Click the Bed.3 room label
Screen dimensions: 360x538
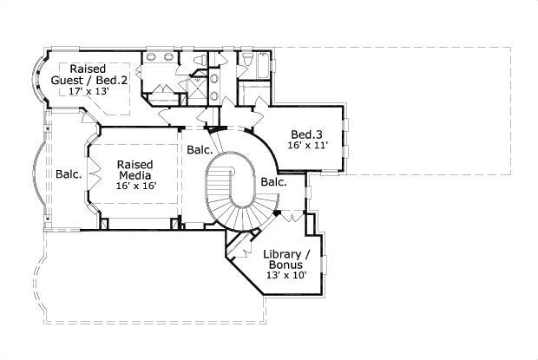pyautogui.click(x=306, y=134)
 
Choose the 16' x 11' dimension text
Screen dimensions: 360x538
pyautogui.click(x=307, y=146)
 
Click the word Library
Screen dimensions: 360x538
pyautogui.click(x=284, y=253)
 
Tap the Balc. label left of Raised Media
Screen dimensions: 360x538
pyautogui.click(x=69, y=174)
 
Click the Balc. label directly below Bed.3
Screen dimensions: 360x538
pyautogui.click(x=273, y=181)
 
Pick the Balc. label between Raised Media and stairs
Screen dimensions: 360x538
pyautogui.click(x=200, y=150)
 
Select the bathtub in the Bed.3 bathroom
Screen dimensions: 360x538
pyautogui.click(x=258, y=62)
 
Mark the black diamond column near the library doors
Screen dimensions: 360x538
pyautogui.click(x=276, y=213)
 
